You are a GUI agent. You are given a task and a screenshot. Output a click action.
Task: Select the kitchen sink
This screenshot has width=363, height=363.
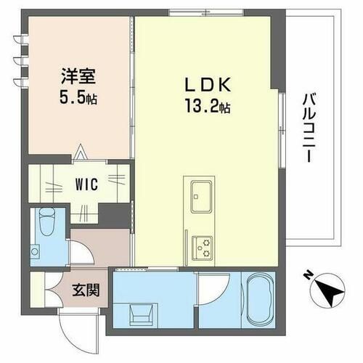[x=201, y=194]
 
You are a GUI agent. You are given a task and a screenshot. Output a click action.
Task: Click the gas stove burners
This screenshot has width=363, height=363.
[x=201, y=248]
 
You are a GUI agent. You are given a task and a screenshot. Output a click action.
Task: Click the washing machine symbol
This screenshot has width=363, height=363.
[x=141, y=314]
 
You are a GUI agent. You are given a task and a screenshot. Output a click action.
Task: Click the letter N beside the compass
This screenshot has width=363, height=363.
[x=307, y=275]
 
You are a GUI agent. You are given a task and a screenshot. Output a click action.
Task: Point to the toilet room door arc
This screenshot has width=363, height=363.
[x=82, y=253]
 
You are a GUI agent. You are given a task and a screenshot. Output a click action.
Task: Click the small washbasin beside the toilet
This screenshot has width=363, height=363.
[x=36, y=251]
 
